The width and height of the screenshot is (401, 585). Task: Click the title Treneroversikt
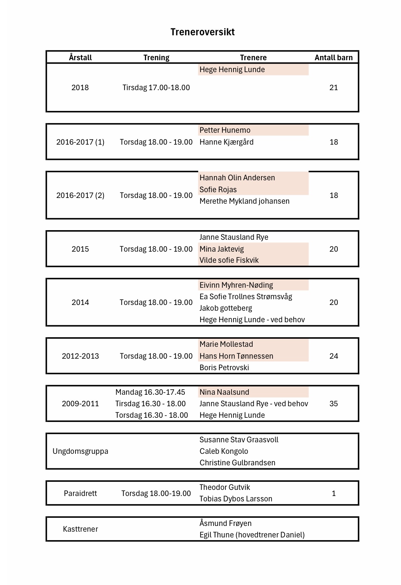(x=202, y=32)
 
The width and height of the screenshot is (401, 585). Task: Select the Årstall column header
(x=80, y=58)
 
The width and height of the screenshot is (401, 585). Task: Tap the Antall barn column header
(x=334, y=58)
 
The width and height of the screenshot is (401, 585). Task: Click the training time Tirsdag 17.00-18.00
(x=156, y=87)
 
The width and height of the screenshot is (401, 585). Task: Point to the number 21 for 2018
(x=334, y=87)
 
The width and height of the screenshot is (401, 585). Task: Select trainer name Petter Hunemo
(x=225, y=130)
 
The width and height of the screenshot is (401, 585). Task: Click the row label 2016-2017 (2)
(x=80, y=195)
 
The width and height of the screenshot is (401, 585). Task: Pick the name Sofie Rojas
(x=218, y=190)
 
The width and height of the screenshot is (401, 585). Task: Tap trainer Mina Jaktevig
(x=222, y=249)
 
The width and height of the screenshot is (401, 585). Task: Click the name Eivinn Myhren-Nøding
(x=236, y=285)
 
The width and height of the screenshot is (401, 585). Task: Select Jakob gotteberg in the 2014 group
(x=225, y=308)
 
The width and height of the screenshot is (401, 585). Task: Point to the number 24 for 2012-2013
(x=334, y=356)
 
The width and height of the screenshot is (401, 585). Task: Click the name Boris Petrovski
(x=224, y=367)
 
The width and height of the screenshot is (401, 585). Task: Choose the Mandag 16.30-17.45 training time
(x=150, y=392)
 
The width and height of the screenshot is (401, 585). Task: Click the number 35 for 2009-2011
(x=334, y=404)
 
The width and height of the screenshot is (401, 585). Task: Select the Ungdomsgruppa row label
(x=80, y=451)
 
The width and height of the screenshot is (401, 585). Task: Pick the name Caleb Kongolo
(x=224, y=451)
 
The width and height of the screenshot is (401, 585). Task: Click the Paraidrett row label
(x=80, y=493)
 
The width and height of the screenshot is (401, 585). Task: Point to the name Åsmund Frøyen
(x=225, y=523)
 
